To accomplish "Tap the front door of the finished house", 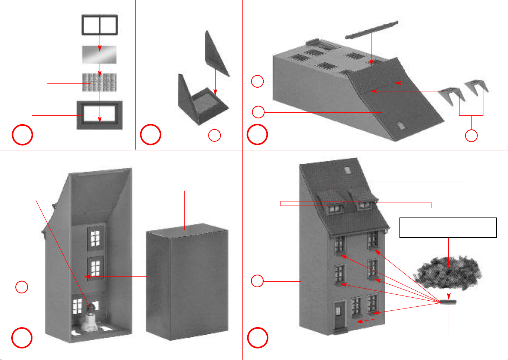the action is [x=339, y=315].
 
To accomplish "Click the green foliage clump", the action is [x=448, y=272].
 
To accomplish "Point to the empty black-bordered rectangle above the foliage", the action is [x=448, y=228].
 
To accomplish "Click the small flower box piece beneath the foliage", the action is [x=448, y=301].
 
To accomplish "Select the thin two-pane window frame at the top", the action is [x=100, y=25].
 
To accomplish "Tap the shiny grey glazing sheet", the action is [x=99, y=55].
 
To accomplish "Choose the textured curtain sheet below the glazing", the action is [x=99, y=82].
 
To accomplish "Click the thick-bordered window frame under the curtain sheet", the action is [x=100, y=115].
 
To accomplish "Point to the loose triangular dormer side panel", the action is [x=216, y=52].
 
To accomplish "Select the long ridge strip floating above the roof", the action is [x=371, y=30].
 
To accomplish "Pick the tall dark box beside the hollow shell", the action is [x=187, y=284].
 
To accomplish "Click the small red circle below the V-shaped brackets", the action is [x=471, y=136].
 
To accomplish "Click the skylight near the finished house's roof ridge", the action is [x=347, y=170].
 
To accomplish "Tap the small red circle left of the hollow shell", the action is [x=22, y=287].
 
